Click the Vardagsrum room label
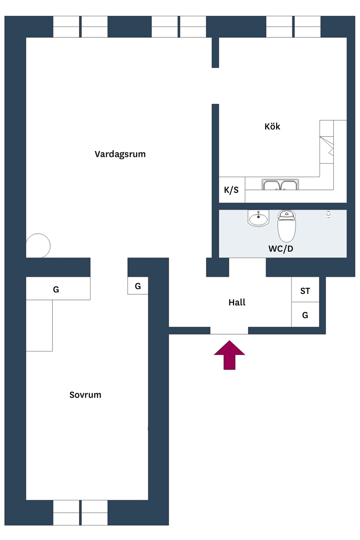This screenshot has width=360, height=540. (x=120, y=154)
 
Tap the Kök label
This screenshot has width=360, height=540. (x=272, y=126)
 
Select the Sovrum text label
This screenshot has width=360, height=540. (x=85, y=395)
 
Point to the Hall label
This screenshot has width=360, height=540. (x=237, y=302)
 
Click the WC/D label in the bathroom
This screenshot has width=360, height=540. (x=281, y=249)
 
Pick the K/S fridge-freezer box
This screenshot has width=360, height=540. (x=232, y=190)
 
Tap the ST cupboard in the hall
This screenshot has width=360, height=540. (x=305, y=290)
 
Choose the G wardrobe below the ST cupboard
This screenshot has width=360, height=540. (x=305, y=315)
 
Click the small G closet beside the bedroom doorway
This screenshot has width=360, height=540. (x=138, y=286)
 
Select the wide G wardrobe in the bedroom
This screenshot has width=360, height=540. (x=58, y=288)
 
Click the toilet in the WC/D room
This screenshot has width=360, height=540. (x=287, y=226)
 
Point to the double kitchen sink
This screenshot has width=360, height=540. (x=280, y=185)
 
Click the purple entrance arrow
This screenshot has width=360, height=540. (x=229, y=355)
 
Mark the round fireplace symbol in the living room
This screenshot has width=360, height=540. (x=38, y=246)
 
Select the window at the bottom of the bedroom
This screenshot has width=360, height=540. (x=80, y=512)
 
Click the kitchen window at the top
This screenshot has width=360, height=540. (x=293, y=26)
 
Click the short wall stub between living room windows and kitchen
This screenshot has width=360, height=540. (x=216, y=52)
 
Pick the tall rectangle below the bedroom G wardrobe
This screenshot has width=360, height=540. (x=39, y=325)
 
